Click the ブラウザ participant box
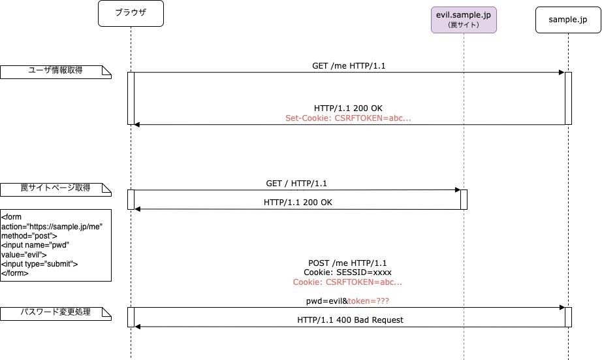click(x=131, y=14)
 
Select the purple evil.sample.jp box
click(x=464, y=18)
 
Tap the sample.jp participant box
click(x=567, y=20)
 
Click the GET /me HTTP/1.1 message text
click(x=353, y=66)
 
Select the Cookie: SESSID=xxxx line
click(x=347, y=272)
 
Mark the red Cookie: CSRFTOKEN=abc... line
click(x=347, y=282)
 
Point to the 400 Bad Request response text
click(x=350, y=319)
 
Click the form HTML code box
click(x=55, y=245)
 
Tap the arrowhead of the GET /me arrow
click(x=561, y=73)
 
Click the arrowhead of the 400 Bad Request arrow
click(x=138, y=326)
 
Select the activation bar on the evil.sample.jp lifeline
click(x=464, y=199)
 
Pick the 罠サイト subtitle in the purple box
click(x=464, y=25)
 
